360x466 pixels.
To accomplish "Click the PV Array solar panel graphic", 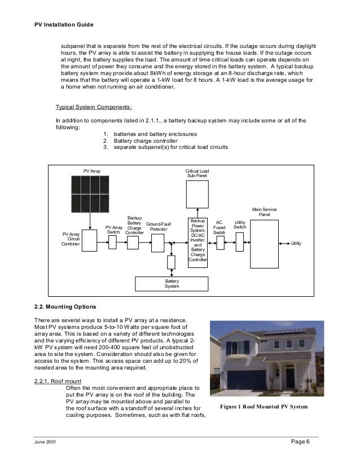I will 89,194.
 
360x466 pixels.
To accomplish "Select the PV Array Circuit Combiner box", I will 89,242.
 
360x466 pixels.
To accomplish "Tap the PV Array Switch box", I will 112,242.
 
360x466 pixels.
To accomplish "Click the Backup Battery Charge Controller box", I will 133,242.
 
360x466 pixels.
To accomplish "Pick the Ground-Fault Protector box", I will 157,243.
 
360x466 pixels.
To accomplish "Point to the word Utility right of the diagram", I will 296,243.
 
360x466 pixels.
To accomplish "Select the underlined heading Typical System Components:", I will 94,107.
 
